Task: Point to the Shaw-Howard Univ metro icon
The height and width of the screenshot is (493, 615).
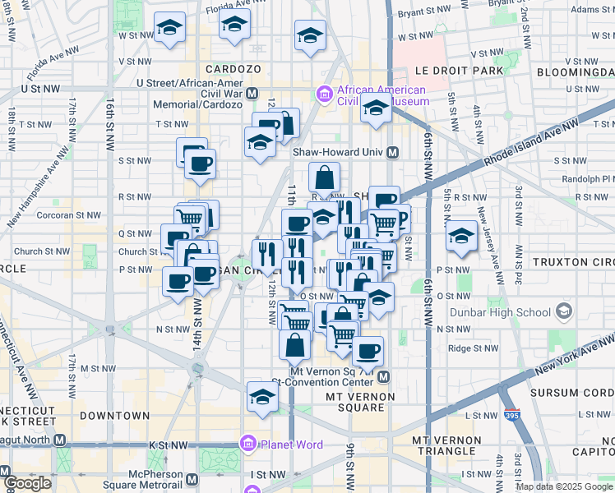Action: click(x=393, y=152)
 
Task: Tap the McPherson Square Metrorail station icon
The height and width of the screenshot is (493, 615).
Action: click(x=192, y=480)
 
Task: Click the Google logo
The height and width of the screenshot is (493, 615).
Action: click(x=27, y=483)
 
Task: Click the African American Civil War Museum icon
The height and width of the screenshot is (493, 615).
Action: click(x=324, y=95)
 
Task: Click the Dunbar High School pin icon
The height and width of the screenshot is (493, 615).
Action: click(x=565, y=312)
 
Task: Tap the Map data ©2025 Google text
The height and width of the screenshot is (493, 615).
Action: click(x=565, y=486)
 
